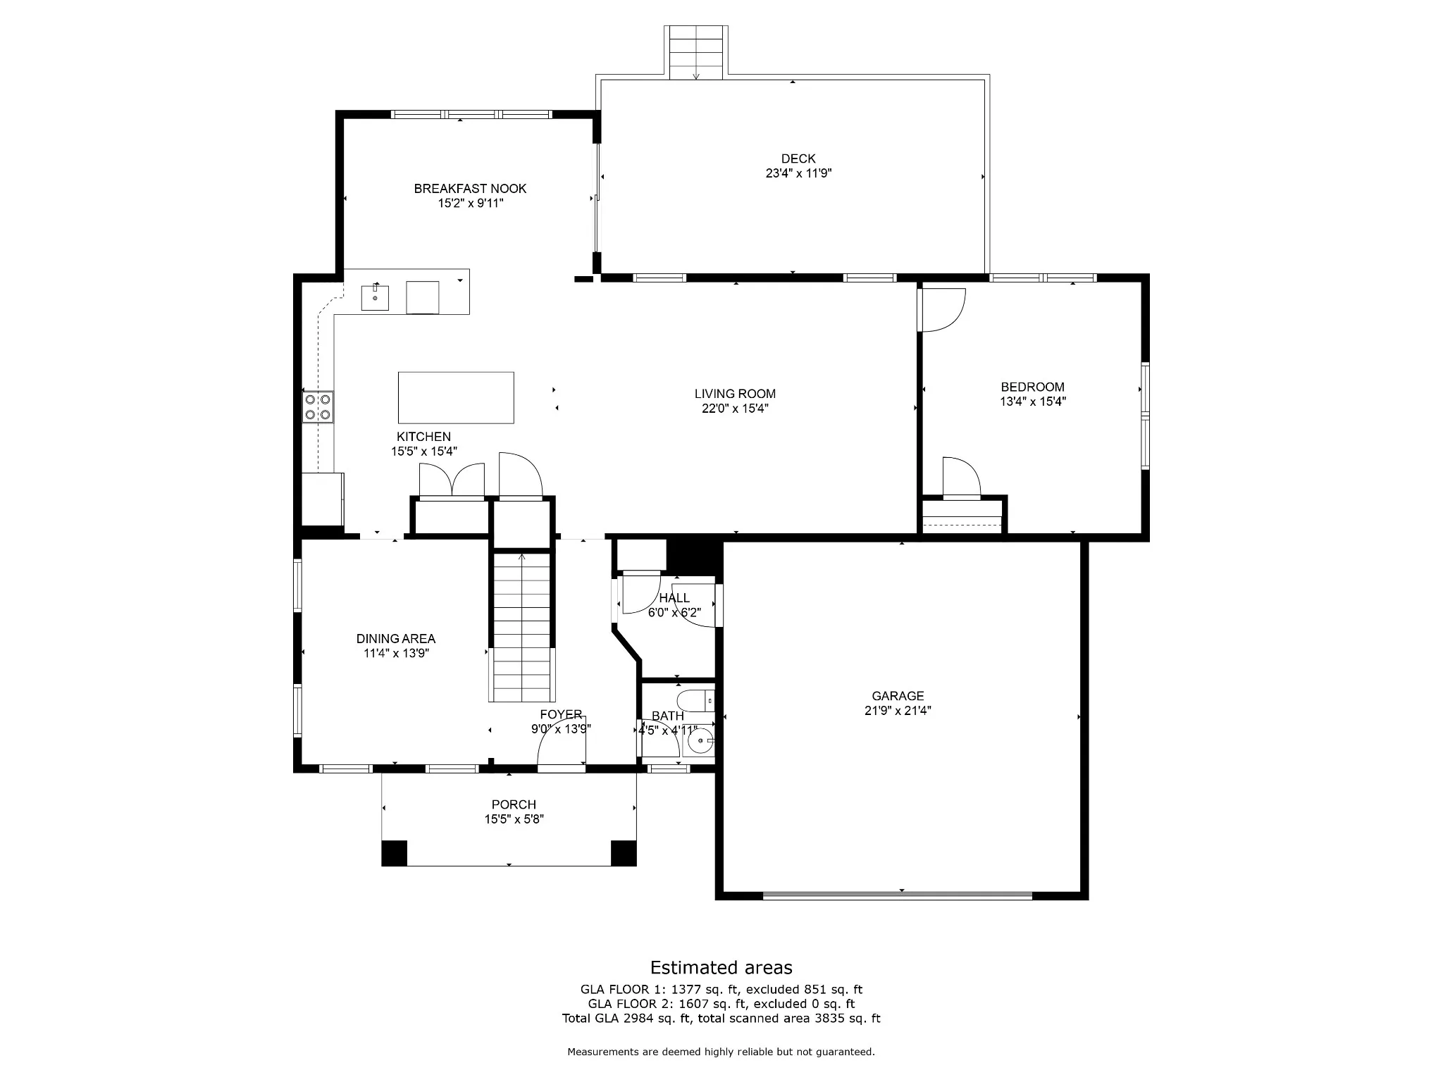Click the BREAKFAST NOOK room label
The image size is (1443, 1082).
tap(470, 189)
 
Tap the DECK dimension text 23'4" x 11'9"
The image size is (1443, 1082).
tap(798, 173)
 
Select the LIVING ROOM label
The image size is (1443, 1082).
tap(735, 394)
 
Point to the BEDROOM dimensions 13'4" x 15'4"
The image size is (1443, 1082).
tap(1032, 402)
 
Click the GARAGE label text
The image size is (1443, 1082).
tap(898, 696)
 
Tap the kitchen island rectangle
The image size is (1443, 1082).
tap(456, 397)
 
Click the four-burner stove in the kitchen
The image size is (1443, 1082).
tap(318, 406)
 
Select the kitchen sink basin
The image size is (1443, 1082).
tap(375, 297)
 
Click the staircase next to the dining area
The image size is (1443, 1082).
tap(521, 627)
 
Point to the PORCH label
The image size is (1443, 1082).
tap(514, 804)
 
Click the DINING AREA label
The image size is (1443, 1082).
tap(396, 639)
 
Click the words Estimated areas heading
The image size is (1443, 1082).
tap(721, 967)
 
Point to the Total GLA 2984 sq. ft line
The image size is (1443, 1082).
tap(721, 1018)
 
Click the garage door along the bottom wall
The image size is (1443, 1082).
tap(898, 895)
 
